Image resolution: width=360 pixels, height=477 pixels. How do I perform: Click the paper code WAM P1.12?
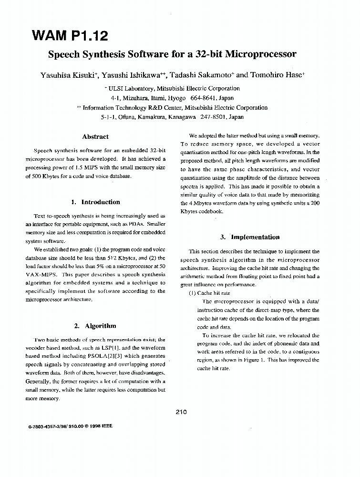point(70,35)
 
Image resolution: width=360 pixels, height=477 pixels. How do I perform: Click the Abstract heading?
point(95,136)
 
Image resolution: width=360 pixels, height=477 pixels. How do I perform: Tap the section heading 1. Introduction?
point(95,202)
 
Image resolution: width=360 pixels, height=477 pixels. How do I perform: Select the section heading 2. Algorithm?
point(95,326)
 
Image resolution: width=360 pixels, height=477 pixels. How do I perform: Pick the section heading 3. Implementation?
point(250,237)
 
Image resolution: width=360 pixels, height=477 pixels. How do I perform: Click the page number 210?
point(181,412)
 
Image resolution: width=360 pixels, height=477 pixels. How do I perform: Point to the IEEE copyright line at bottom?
point(70,426)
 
